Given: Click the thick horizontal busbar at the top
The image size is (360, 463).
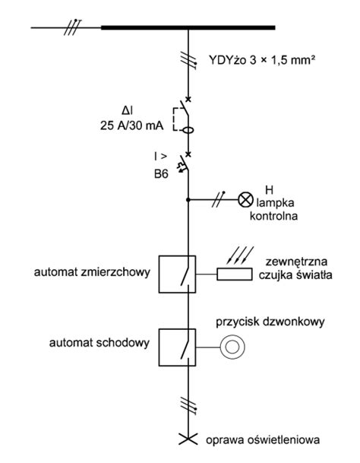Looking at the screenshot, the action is coord(188,28).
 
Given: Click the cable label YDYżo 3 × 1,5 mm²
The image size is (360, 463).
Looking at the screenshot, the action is coord(261,60).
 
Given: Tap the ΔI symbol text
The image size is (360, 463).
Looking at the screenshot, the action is coord(128,111).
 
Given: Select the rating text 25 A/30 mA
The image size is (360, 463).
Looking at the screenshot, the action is coord(131,125).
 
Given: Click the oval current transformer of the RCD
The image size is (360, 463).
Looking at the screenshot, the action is coord(188,130).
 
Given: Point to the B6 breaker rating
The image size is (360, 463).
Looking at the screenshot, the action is coord(161,174).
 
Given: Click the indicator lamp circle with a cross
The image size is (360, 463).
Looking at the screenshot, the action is coord(246,200).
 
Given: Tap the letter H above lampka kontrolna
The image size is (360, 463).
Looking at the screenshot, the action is coord(269,190).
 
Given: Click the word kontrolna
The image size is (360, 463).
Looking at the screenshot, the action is coord(273,216).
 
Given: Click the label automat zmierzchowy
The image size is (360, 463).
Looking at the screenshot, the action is coord(92,272).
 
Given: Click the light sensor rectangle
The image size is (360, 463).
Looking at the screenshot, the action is coord(235,274).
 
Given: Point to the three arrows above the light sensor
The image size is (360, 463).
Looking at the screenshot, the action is coord(239,255).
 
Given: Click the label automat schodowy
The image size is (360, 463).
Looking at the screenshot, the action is coord(99,343).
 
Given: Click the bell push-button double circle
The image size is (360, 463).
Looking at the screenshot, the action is coord(232,347).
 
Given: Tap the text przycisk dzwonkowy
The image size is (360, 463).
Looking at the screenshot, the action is coord(270,322).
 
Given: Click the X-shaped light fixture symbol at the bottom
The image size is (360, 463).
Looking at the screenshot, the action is coord(188,439).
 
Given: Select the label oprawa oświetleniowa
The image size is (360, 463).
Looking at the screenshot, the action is coord(263,440).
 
